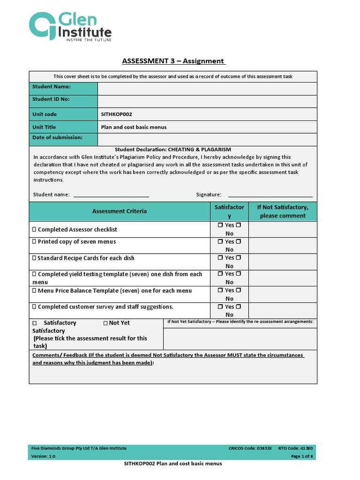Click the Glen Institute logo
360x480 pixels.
coord(71,27)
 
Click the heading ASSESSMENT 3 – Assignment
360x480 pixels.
coord(173,61)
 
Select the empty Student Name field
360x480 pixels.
coord(207,89)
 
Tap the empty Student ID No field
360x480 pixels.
coord(207,101)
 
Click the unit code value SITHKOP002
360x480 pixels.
coord(113,114)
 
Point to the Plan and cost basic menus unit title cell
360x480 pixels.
coord(134,127)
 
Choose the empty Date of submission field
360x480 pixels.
coord(207,139)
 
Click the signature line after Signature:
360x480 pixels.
coord(270,195)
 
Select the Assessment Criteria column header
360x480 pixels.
coord(120,211)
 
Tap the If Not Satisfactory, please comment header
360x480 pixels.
coord(282,211)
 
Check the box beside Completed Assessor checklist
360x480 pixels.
coord(34,230)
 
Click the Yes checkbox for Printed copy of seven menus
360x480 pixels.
coord(220,242)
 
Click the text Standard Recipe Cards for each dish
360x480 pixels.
coord(86,258)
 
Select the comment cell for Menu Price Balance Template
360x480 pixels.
coord(282,294)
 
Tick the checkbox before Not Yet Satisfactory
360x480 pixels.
coord(105,323)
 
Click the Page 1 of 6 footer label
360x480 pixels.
coord(302,456)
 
